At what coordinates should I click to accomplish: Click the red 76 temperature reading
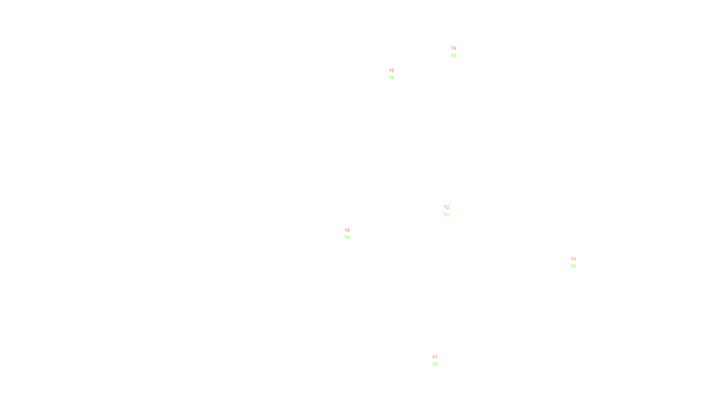[x=454, y=48]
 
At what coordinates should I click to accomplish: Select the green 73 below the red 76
[x=454, y=56]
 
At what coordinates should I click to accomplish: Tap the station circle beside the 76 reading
[x=458, y=52]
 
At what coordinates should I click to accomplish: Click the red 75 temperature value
[x=392, y=71]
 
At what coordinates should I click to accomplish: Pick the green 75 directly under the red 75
[x=392, y=78]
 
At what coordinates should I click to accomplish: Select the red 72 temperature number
[x=447, y=207]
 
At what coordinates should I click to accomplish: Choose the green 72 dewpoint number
[x=447, y=215]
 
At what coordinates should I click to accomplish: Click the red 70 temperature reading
[x=347, y=231]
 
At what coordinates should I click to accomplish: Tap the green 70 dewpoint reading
[x=347, y=238]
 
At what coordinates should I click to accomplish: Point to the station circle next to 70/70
[x=351, y=234]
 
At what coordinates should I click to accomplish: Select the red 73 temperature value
[x=573, y=259]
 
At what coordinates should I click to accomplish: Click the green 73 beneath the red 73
[x=573, y=266]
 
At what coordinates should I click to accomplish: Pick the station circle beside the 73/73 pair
[x=577, y=263]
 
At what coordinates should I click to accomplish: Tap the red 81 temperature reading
[x=435, y=357]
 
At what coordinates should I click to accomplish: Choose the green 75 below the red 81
[x=435, y=364]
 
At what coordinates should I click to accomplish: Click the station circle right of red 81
[x=439, y=361]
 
